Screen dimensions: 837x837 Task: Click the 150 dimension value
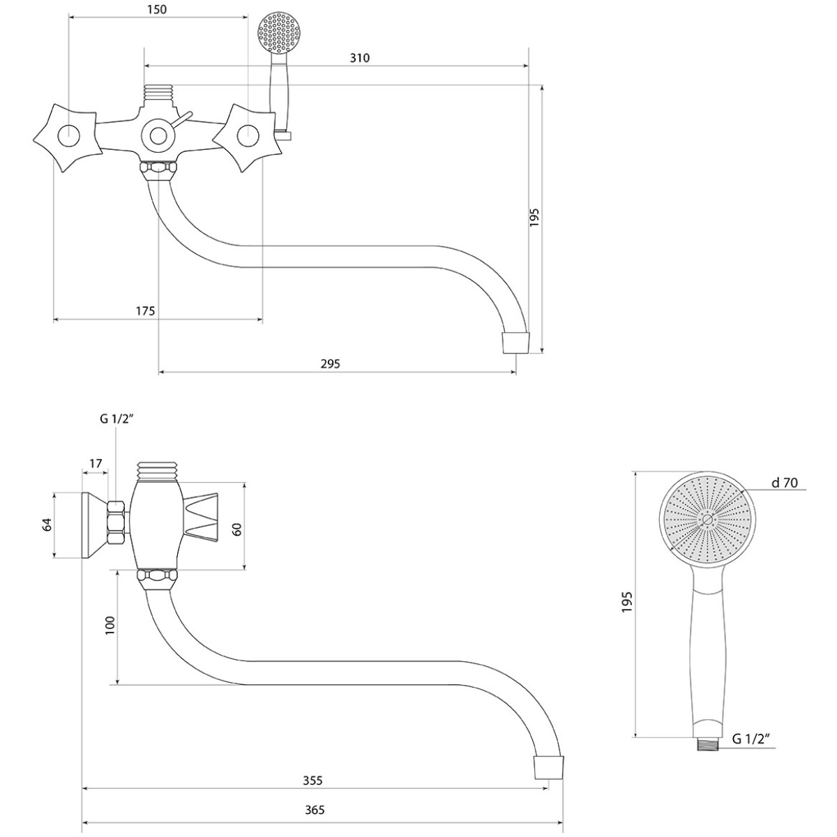(x=157, y=9)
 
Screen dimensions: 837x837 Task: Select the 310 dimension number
(x=360, y=58)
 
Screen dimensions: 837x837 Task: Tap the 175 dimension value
(x=145, y=311)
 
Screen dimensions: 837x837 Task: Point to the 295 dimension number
(x=330, y=363)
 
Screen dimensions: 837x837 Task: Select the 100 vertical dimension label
(x=110, y=626)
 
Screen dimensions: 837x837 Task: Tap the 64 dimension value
(x=47, y=525)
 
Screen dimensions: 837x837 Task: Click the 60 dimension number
(x=236, y=529)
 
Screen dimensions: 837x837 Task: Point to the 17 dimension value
(x=96, y=463)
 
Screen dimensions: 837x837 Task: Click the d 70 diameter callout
(x=785, y=483)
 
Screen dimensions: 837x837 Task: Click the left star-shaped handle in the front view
(x=68, y=137)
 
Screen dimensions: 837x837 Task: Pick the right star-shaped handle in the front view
(x=247, y=137)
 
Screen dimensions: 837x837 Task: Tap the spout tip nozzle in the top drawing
(x=516, y=342)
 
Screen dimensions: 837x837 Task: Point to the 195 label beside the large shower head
(x=626, y=602)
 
